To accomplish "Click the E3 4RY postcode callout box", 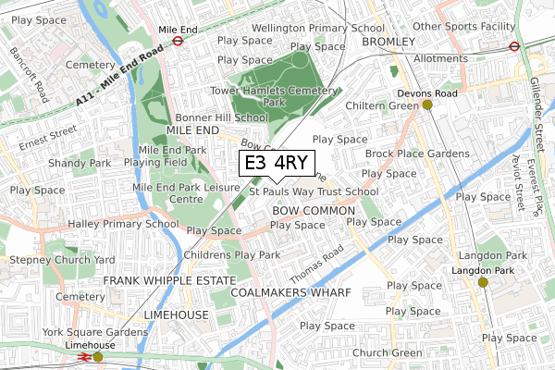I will point(277,164).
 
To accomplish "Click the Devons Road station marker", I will point(427,105).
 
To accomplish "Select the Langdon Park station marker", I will point(482,282).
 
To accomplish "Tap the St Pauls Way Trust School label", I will point(314,192).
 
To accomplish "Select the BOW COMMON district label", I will point(314,211).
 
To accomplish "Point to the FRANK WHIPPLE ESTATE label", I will point(169,279).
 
